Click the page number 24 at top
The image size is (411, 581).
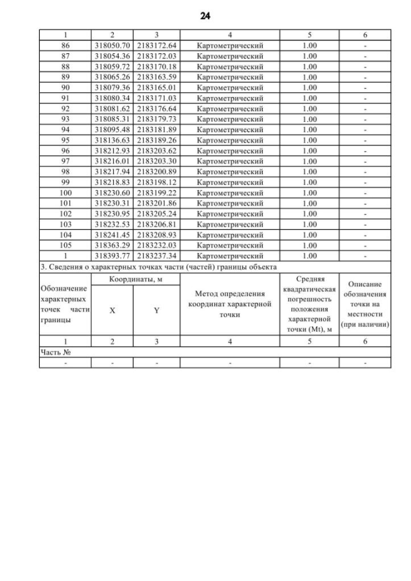point(205,15)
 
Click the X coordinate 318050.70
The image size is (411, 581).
point(112,45)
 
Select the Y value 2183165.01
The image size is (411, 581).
point(157,87)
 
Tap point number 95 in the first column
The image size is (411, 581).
point(65,140)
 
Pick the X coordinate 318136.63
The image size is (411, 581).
point(112,140)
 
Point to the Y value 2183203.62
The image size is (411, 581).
point(157,150)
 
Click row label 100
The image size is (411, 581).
point(65,193)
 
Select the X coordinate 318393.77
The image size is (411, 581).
point(112,256)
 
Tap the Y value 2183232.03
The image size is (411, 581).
point(157,245)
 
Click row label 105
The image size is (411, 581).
point(65,245)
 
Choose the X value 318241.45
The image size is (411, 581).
point(112,234)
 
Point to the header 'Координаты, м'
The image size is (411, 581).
point(135,279)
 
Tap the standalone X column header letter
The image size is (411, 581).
point(112,309)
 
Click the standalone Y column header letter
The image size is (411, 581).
point(157,309)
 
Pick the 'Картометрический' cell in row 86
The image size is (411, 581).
point(230,45)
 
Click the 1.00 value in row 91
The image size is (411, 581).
point(310,98)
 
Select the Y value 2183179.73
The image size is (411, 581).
point(157,119)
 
